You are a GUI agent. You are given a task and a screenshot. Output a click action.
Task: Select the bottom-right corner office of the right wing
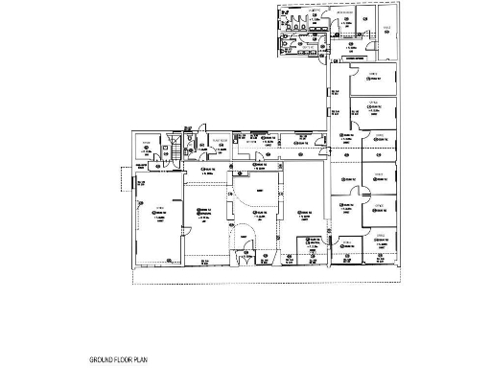pyautogui.click(x=382, y=247)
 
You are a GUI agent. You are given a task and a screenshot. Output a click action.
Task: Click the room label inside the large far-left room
pyautogui.click(x=159, y=216)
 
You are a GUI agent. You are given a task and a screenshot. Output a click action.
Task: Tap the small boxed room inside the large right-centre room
pyautogui.click(x=312, y=245)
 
